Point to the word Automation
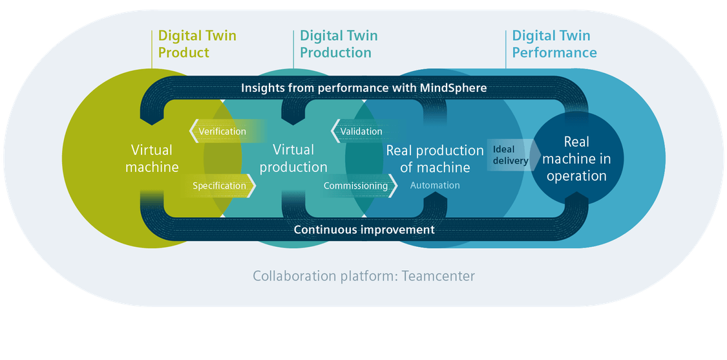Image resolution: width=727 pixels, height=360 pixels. [x=435, y=185]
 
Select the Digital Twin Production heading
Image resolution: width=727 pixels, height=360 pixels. [x=339, y=44]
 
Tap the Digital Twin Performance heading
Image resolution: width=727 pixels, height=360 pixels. [x=554, y=44]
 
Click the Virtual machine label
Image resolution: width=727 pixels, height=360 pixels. [x=152, y=158]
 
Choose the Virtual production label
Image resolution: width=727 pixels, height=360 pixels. [x=293, y=158]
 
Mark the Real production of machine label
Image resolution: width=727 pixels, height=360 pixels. [x=435, y=158]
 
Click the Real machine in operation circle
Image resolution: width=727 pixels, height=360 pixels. [x=577, y=158]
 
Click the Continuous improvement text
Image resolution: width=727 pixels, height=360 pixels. [x=364, y=229]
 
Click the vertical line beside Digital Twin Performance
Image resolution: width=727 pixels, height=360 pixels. [x=506, y=49]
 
